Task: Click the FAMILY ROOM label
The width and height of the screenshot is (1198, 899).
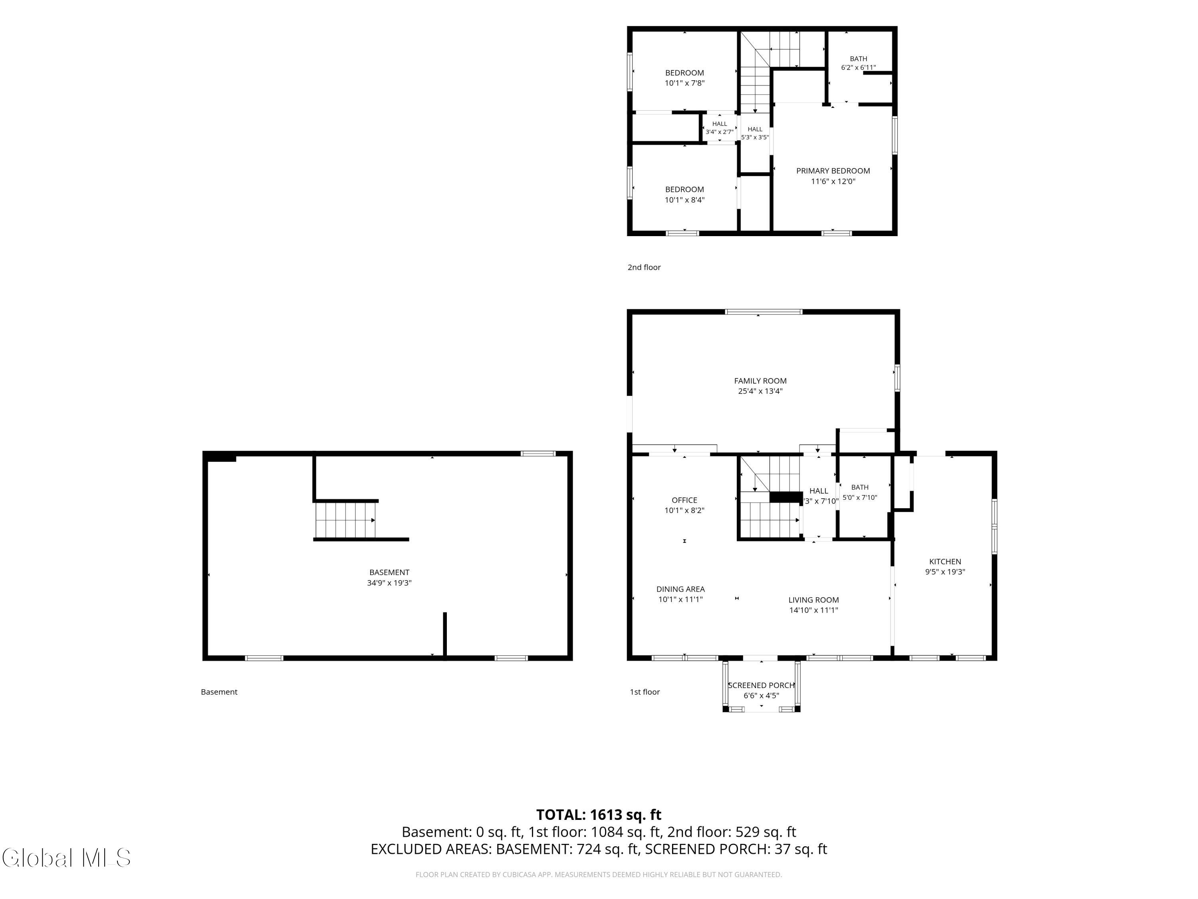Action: tap(760, 381)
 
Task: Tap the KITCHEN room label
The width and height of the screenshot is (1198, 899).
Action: tap(945, 561)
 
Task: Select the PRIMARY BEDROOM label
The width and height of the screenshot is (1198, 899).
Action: tap(833, 171)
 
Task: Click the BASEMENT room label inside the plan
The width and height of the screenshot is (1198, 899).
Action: tap(389, 572)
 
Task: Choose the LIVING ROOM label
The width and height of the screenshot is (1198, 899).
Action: tap(813, 600)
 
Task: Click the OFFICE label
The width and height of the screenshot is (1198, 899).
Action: tap(684, 500)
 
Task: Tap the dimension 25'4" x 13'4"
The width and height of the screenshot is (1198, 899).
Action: tap(760, 391)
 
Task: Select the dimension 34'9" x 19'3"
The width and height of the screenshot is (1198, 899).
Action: tap(389, 583)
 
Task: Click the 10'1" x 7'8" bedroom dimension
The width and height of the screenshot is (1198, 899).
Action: tap(684, 83)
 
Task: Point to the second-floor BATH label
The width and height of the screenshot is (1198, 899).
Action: tap(859, 58)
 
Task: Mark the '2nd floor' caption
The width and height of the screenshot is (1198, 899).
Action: tap(644, 267)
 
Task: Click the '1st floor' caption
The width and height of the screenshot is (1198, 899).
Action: tap(645, 692)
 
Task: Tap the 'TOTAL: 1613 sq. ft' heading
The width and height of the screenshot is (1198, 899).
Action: tap(599, 815)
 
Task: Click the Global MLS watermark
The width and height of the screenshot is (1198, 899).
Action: tap(66, 858)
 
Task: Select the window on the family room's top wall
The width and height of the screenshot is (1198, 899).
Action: tap(763, 312)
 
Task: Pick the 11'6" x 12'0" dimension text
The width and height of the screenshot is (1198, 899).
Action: tap(833, 181)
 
